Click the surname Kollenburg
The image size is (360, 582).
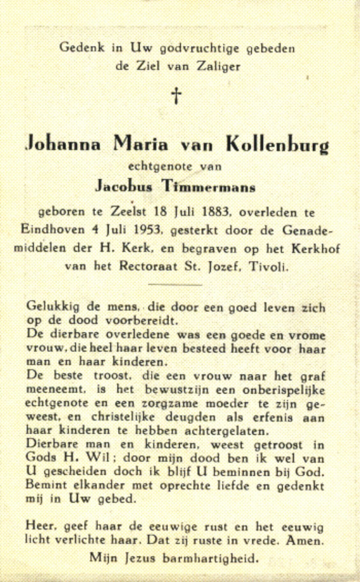pos(276,145)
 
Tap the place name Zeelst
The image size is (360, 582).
pos(111,213)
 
